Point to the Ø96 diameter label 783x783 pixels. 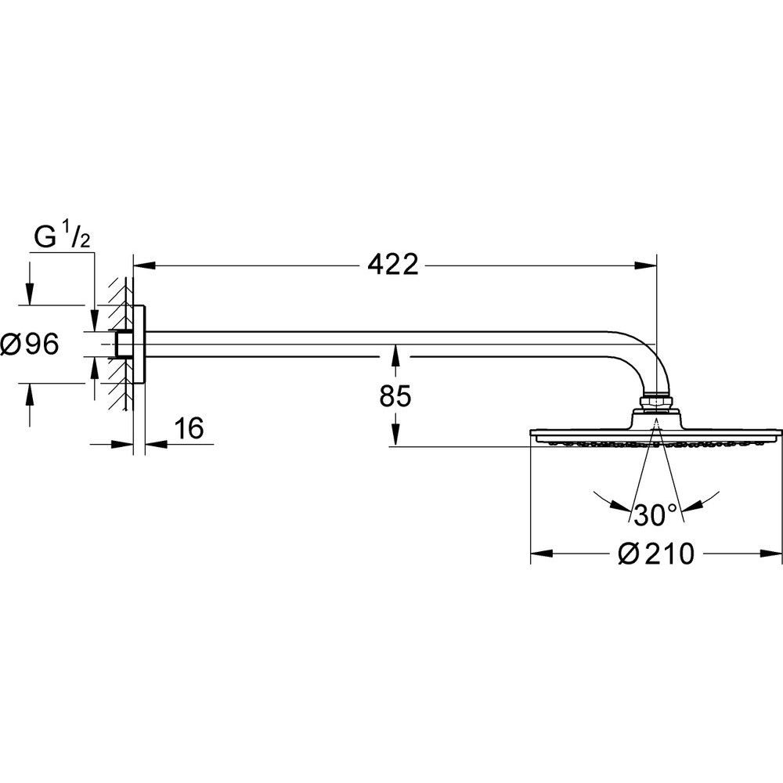click(31, 344)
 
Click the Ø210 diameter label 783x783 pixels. click(656, 554)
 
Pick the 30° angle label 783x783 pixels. click(656, 514)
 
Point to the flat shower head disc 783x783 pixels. click(656, 432)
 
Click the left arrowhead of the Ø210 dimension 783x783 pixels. click(541, 554)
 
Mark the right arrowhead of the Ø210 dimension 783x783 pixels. click(773, 554)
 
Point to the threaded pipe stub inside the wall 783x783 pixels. click(122, 344)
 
